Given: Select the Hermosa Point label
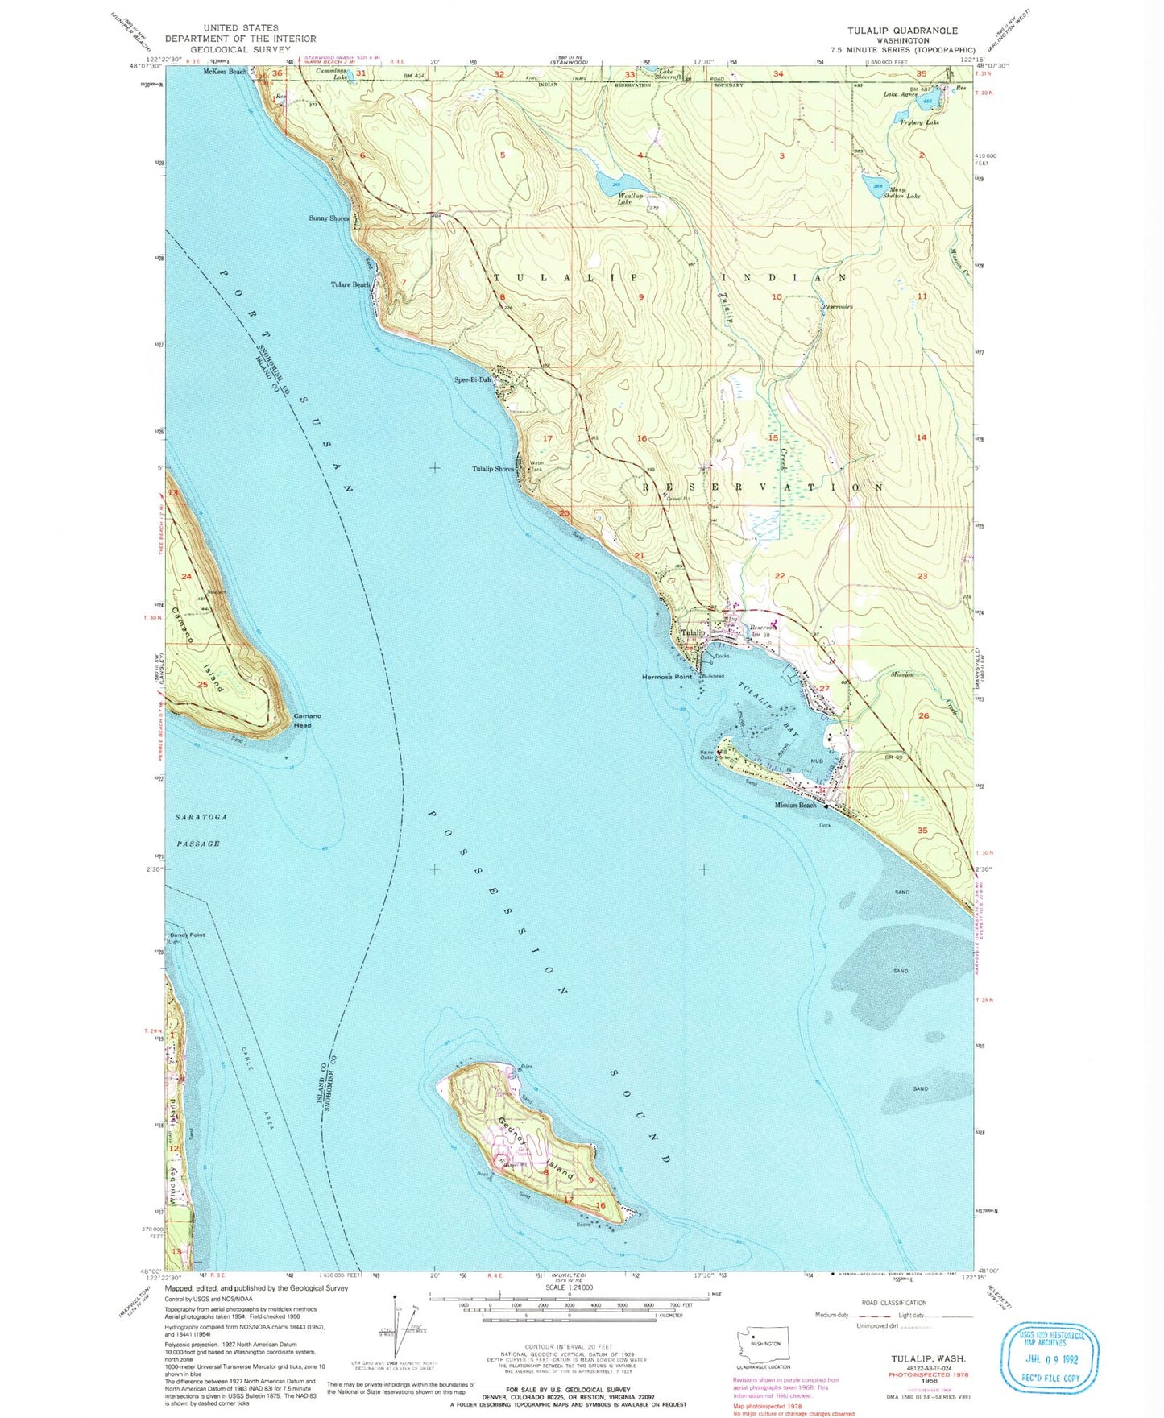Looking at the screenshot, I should (x=666, y=677).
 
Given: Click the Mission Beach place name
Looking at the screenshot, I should (x=795, y=805).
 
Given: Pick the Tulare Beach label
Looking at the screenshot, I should (x=350, y=284).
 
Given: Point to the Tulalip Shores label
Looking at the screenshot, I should (x=493, y=469).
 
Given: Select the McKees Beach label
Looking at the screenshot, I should (x=225, y=72).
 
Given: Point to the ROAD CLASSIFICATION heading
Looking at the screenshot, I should (x=893, y=1303).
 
